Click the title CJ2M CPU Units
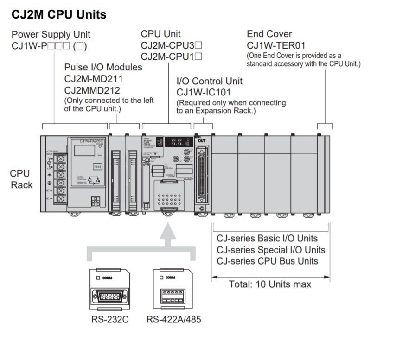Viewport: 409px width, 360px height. coord(58,15)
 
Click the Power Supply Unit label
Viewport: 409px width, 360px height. coord(51,34)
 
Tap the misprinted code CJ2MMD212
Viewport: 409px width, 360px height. coord(92,90)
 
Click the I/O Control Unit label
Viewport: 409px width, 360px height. coord(209,81)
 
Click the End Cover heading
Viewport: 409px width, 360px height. coord(269,34)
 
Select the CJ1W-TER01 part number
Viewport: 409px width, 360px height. coord(276,45)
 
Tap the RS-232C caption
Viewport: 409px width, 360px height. coord(109,319)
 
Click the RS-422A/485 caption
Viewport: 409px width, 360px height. coord(174,319)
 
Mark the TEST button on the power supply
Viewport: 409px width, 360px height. coord(97,166)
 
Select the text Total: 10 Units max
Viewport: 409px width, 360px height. coord(270,284)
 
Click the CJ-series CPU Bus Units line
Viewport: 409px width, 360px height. coord(267,261)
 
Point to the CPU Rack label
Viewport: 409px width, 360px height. coord(21,179)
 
